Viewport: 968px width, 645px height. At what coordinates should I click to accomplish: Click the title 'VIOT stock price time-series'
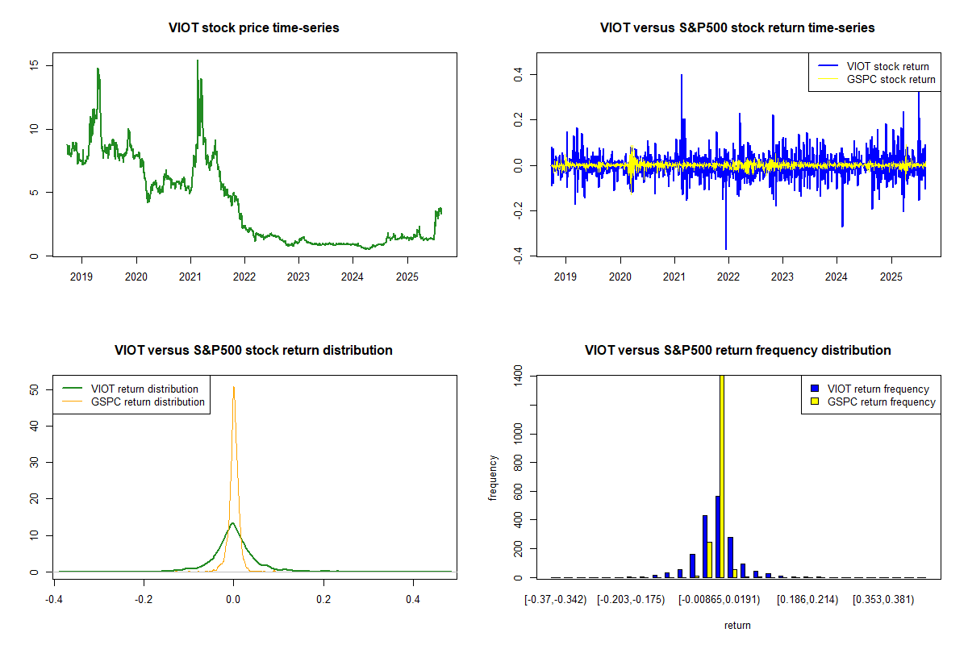point(254,27)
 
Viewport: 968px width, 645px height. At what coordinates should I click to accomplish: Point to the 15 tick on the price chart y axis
point(35,65)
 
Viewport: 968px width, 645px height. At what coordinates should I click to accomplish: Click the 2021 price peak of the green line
point(197,60)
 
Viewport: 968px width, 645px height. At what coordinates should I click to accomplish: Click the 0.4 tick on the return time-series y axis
point(519,74)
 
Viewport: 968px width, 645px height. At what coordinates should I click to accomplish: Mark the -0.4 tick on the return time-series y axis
point(519,256)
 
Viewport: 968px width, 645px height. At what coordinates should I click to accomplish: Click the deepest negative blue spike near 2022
point(726,248)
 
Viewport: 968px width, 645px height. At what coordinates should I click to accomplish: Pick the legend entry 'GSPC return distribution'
point(148,402)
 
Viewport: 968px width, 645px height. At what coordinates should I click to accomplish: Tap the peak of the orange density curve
point(234,387)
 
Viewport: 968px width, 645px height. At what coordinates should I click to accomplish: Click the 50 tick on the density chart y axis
point(35,389)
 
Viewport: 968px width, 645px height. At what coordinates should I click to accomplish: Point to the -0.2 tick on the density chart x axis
point(144,600)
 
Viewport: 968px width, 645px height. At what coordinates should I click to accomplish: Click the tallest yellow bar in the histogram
point(721,476)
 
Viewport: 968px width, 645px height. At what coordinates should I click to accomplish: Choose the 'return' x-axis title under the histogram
point(737,625)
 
